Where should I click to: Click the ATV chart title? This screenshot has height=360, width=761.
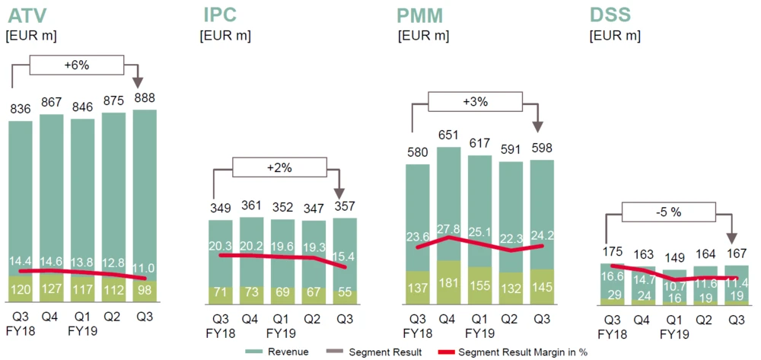pos(29,14)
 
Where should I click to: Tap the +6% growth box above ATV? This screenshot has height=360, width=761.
pos(76,65)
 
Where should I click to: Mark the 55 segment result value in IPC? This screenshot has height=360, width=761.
pos(345,292)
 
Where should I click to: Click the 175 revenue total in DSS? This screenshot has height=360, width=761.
pos(612,252)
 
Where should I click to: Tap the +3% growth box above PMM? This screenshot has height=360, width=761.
pos(476,101)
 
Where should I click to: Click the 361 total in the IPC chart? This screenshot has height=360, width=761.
pos(252,205)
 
